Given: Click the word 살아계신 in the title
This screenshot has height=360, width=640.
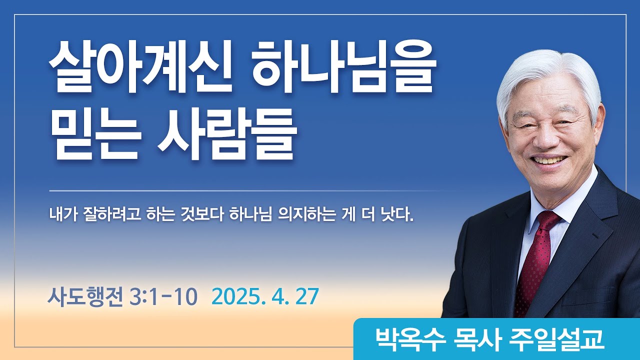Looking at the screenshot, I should pyautogui.click(x=140, y=73).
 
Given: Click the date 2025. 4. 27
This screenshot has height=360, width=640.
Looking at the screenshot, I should pyautogui.click(x=265, y=296).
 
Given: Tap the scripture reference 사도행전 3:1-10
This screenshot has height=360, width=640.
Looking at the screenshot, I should pyautogui.click(x=123, y=296).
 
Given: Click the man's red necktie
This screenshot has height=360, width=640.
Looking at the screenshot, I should pyautogui.click(x=535, y=260).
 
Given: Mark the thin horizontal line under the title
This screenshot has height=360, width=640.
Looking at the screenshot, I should pyautogui.click(x=250, y=191).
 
